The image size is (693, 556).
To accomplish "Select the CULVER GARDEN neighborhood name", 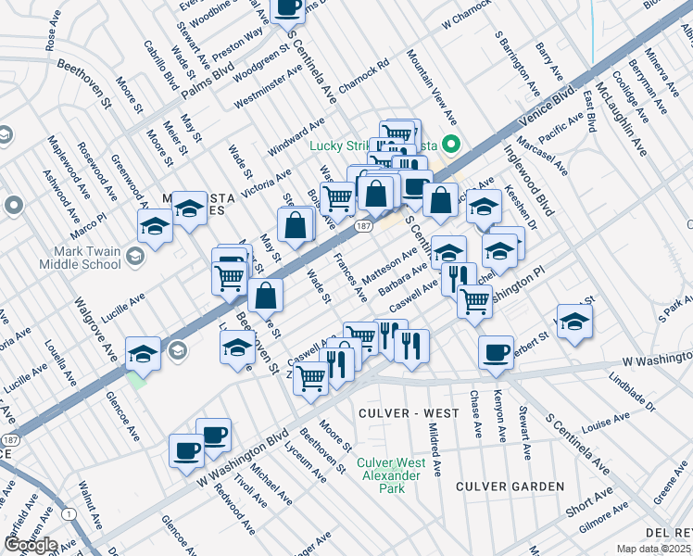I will click(510, 486).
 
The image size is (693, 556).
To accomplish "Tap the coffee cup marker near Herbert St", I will click(496, 352).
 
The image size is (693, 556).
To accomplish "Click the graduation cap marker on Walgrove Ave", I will click(143, 353).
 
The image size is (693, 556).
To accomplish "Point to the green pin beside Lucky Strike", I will click(452, 144).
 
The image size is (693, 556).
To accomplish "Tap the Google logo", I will click(31, 544).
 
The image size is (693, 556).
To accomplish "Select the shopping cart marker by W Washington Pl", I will click(475, 299).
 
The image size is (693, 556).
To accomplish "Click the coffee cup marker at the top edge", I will click(287, 7).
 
